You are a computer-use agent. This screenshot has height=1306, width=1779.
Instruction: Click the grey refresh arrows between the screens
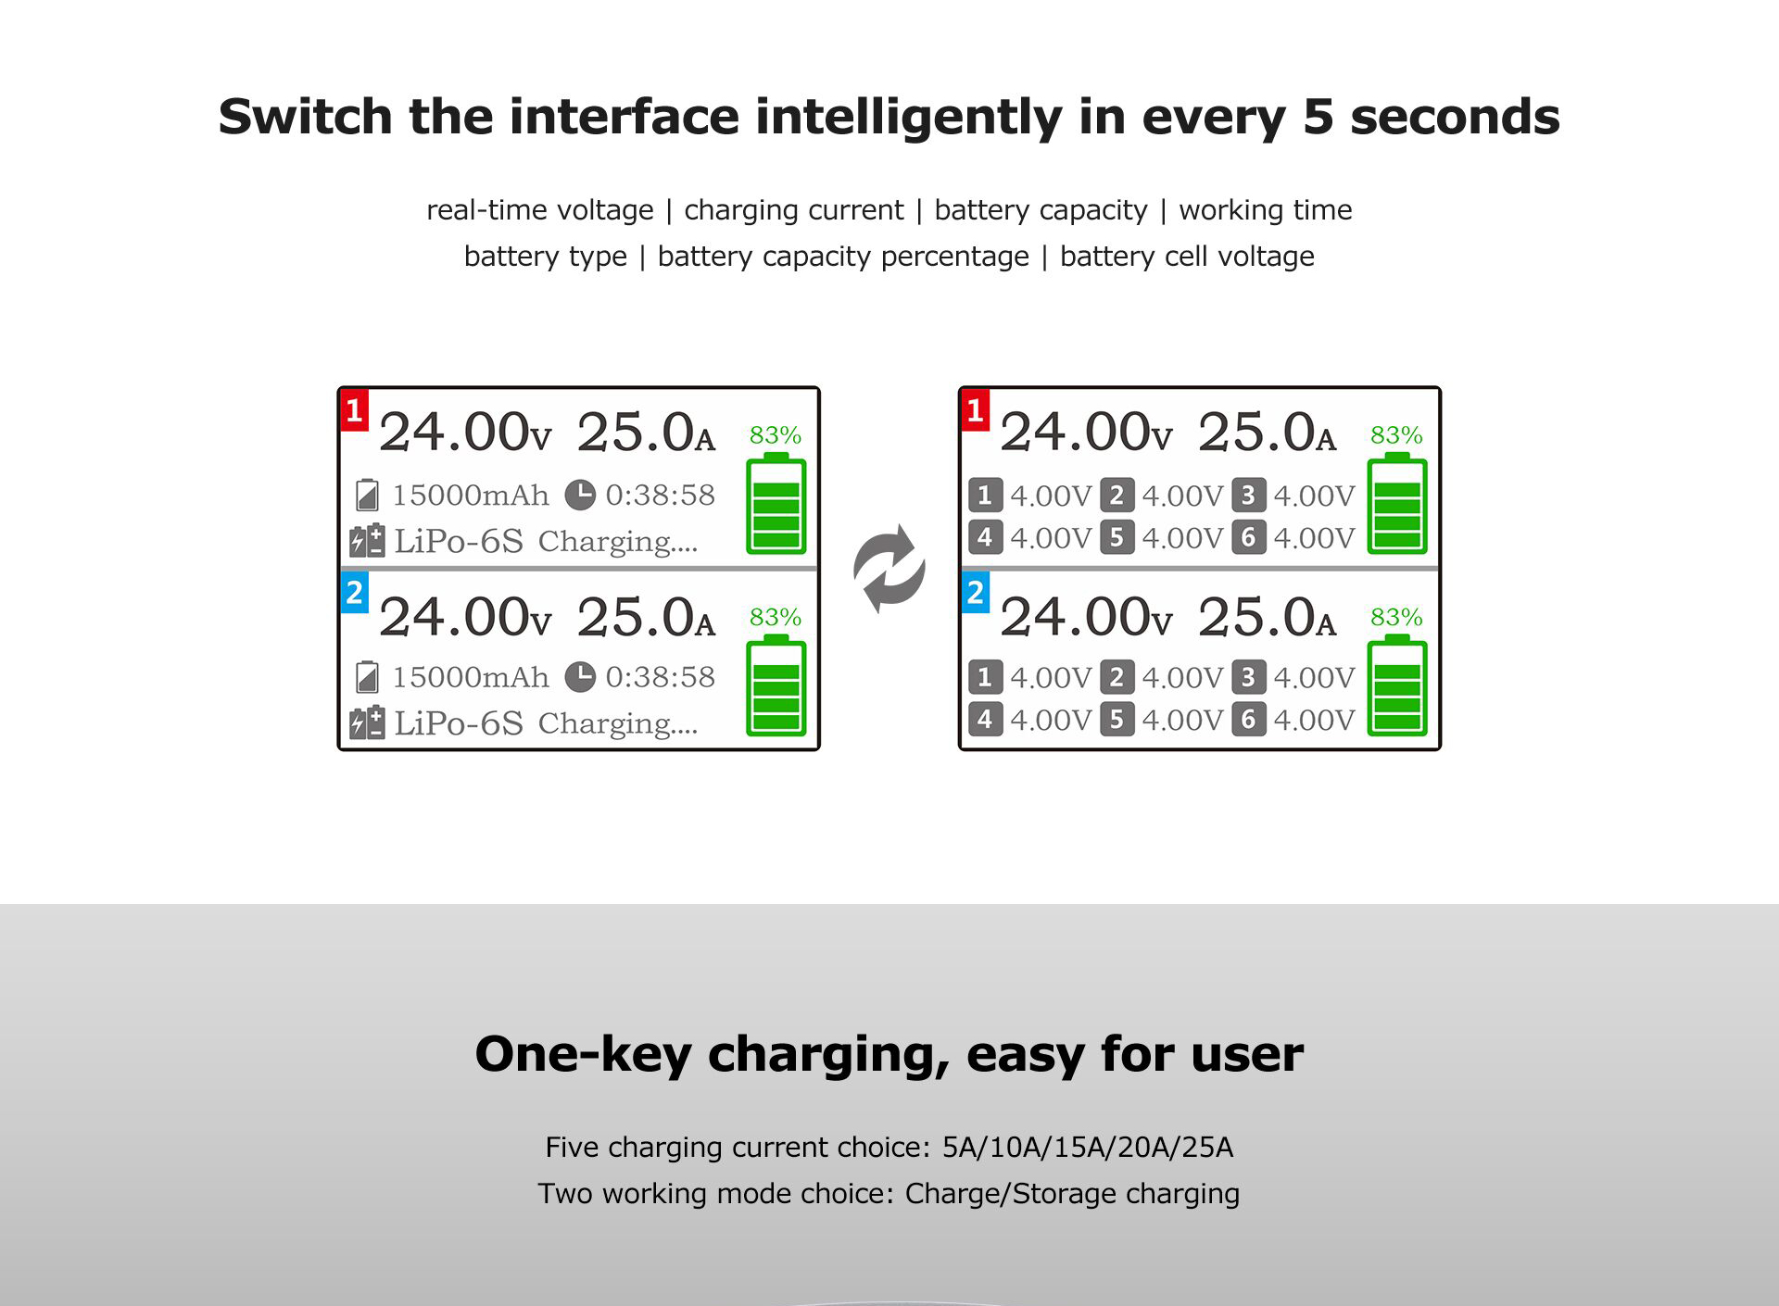[x=889, y=569]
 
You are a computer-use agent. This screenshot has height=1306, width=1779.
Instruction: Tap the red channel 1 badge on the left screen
[x=355, y=410]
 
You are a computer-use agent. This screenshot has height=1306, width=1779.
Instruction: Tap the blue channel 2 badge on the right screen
[x=976, y=593]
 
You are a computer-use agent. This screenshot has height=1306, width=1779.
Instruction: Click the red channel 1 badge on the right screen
[x=976, y=410]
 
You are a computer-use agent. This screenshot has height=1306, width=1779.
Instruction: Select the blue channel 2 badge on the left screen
[x=355, y=593]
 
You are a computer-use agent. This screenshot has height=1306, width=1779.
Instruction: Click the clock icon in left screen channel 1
[x=580, y=495]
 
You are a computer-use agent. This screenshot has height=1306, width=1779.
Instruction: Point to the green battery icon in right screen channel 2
[x=1397, y=685]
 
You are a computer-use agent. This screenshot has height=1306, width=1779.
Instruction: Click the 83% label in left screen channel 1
[x=776, y=434]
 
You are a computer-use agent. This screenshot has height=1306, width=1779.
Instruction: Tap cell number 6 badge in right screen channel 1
[x=1249, y=537]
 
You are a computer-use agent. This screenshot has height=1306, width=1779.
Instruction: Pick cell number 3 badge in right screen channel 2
[x=1249, y=677]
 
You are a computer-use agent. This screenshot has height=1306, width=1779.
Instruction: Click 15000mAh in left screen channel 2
[x=471, y=677]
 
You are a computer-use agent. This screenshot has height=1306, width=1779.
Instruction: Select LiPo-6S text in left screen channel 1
[x=459, y=541]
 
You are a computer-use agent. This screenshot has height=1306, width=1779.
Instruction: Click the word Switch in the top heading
[x=306, y=117]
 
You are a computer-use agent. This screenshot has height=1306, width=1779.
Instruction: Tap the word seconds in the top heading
[x=1455, y=118]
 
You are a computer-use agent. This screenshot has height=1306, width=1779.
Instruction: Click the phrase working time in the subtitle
[x=1266, y=210]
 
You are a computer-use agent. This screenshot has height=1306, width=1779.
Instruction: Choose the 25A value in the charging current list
[x=1207, y=1148]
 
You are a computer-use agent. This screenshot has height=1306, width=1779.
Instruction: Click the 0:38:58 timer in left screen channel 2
[x=661, y=677]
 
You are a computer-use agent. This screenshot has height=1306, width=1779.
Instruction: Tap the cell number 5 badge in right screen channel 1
[x=1117, y=537]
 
